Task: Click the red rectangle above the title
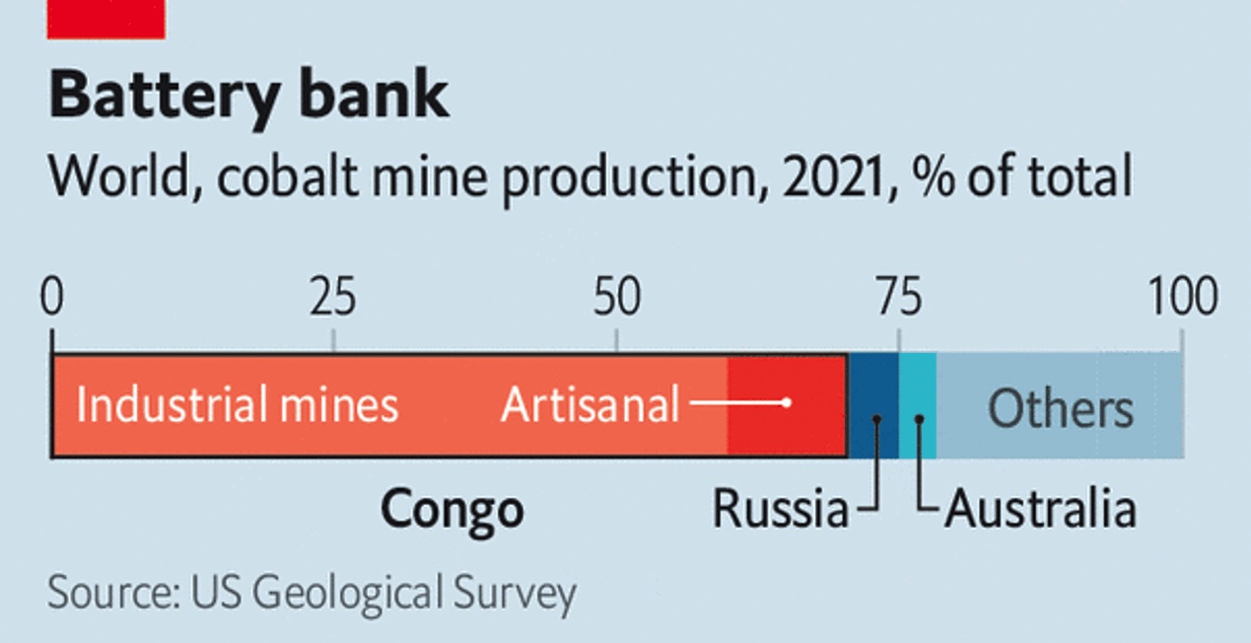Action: (106, 18)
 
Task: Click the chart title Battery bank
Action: (248, 96)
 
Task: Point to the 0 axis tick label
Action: (51, 298)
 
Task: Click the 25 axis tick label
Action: (333, 298)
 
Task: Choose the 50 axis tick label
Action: (616, 298)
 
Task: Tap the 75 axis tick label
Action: (898, 298)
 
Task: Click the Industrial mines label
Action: (237, 405)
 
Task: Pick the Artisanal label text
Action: (590, 405)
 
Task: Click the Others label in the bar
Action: (1061, 407)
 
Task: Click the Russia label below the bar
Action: (780, 510)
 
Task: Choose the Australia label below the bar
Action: (1040, 510)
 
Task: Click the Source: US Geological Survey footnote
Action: (312, 594)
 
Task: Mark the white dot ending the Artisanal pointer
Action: (786, 402)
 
